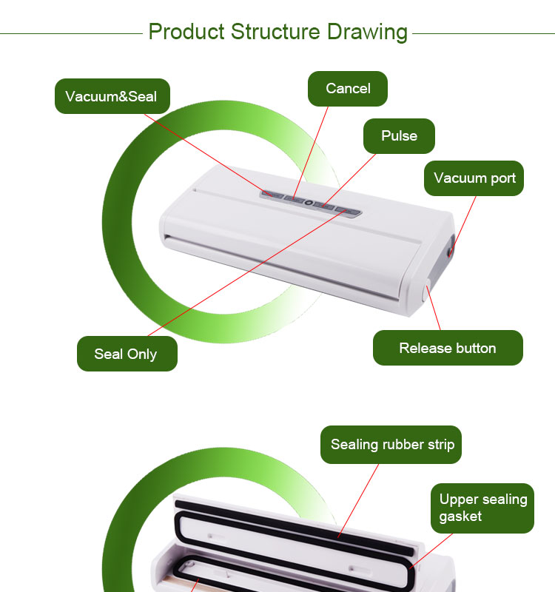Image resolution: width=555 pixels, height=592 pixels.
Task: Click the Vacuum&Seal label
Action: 112,96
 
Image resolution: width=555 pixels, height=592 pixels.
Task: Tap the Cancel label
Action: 348,89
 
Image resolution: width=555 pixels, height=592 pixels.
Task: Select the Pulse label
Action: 399,136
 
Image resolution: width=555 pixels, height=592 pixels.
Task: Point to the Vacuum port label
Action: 474,178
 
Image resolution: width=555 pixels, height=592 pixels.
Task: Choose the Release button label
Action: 448,348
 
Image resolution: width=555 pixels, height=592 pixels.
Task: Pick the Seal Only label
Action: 127,354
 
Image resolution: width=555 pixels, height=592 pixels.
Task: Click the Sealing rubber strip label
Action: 391,445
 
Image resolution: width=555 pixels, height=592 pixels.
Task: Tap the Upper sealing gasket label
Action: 482,508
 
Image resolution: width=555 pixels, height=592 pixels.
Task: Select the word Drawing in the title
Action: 367,32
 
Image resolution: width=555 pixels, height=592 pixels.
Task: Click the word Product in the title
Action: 186,31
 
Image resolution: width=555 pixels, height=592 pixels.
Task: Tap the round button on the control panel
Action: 309,203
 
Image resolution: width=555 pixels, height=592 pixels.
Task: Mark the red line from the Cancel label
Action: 310,152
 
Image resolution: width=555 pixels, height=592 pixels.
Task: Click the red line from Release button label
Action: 434,308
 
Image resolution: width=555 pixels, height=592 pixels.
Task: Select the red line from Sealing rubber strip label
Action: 358,500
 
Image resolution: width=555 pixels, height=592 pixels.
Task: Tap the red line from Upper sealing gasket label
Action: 431,551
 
